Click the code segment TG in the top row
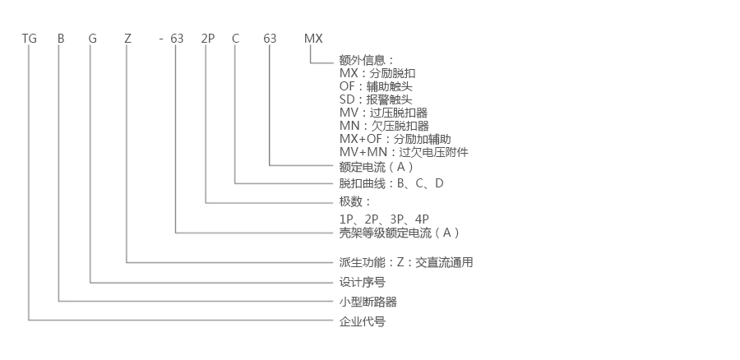click(x=30, y=39)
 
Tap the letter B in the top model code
click(x=60, y=39)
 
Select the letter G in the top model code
click(x=92, y=39)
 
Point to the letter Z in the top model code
click(x=127, y=39)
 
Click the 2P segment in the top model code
click(x=207, y=39)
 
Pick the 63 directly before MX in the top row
click(x=270, y=39)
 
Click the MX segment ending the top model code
click(x=313, y=39)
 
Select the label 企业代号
click(x=362, y=321)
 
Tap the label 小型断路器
click(x=368, y=302)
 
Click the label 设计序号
click(x=362, y=282)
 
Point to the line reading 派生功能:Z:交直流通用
click(x=405, y=262)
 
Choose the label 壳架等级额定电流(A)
click(x=400, y=233)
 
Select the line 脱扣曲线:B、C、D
click(x=391, y=183)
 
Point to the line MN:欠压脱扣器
click(x=383, y=126)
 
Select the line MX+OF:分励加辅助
click(x=395, y=139)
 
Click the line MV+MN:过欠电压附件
click(x=404, y=152)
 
